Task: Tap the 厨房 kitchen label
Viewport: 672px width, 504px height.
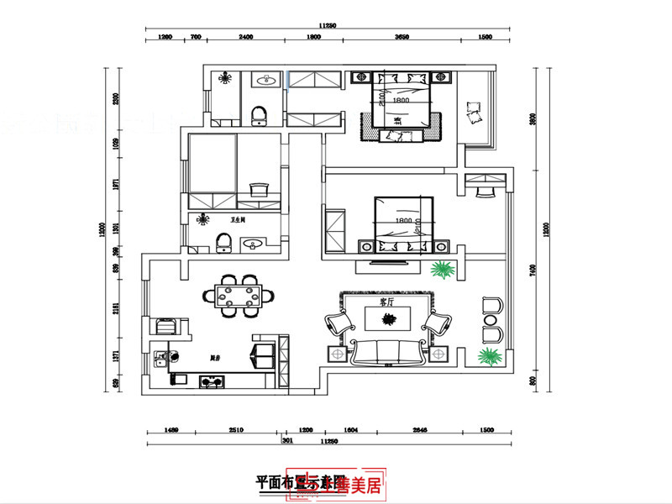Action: (x=216, y=359)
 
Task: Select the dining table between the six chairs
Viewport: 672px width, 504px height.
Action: (x=239, y=296)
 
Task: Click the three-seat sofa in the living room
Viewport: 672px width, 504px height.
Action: (x=387, y=353)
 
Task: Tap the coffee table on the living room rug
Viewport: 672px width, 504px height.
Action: (x=387, y=318)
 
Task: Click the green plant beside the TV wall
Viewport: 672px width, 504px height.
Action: (x=442, y=270)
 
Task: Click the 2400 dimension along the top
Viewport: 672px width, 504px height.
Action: (x=246, y=38)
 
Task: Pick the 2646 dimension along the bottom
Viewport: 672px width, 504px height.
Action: (x=421, y=430)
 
